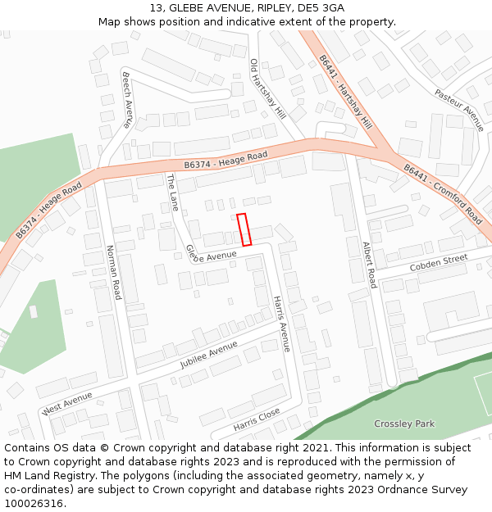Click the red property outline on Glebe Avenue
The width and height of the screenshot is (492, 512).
coord(244,229)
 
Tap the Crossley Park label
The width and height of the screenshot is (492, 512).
coord(404,424)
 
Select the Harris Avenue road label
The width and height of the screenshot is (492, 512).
coord(281,324)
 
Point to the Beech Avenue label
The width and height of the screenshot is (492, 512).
coord(127,100)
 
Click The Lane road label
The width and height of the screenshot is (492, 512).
coord(172,193)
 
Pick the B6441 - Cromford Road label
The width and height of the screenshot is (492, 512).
coord(443,193)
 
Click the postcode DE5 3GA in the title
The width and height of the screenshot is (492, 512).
coord(321,8)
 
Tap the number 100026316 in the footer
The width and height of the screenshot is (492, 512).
coord(34,502)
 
